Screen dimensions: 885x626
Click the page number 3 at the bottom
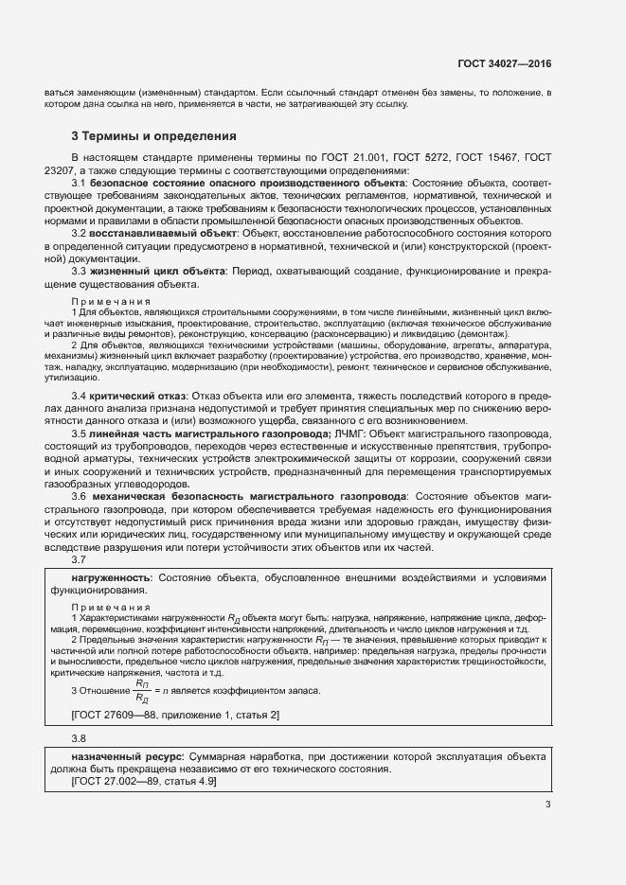[547, 805]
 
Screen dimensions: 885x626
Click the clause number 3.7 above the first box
[80, 560]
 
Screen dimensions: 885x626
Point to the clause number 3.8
[80, 737]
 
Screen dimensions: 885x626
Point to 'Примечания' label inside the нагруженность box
[111, 607]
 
